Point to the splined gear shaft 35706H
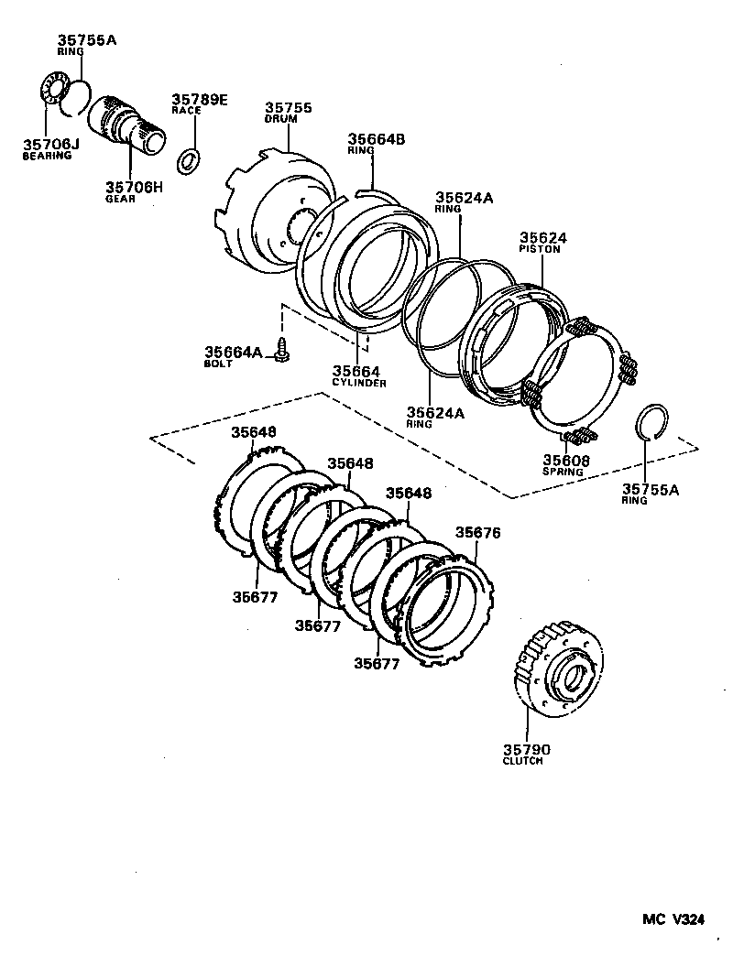click(127, 125)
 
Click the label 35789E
click(199, 98)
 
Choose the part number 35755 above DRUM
click(289, 107)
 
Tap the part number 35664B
click(376, 139)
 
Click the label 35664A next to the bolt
click(233, 352)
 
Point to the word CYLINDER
click(359, 383)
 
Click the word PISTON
click(539, 248)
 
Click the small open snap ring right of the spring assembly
click(654, 422)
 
